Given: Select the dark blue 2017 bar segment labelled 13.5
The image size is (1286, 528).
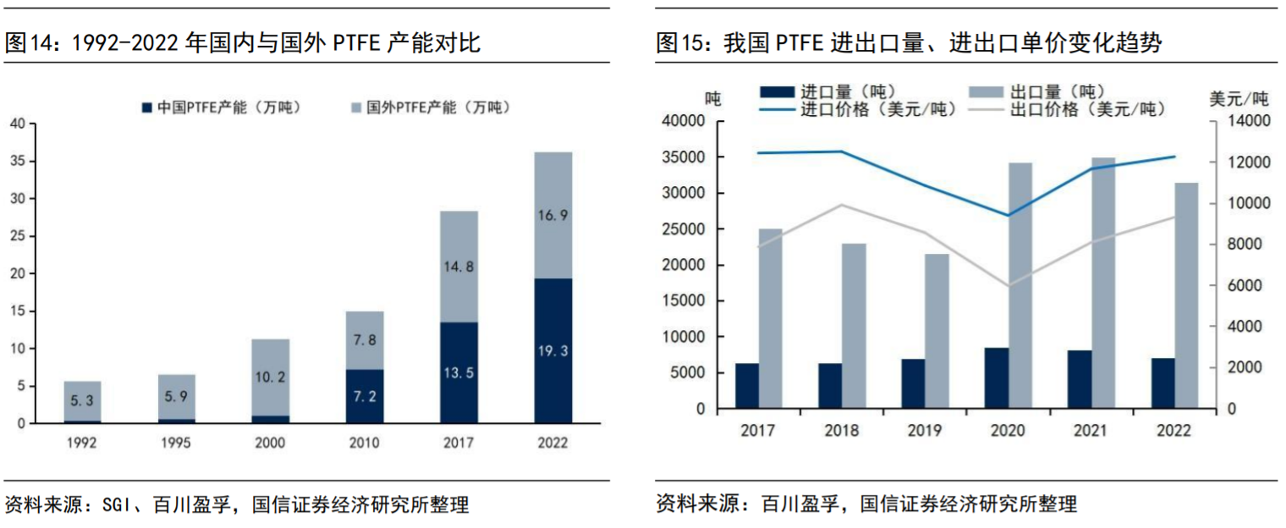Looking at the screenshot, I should tap(459, 372).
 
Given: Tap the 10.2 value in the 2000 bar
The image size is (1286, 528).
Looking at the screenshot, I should tap(270, 377).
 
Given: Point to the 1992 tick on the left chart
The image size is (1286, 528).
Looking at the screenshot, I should tap(82, 443).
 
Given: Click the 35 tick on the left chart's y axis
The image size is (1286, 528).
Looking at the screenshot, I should tap(18, 162).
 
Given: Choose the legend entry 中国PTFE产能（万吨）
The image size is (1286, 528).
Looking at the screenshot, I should tap(221, 107).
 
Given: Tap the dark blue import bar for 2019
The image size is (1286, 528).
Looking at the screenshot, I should tap(913, 383).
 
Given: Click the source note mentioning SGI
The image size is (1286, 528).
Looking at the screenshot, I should tap(236, 505).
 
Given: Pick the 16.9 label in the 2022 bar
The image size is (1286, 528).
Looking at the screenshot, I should tap(552, 215).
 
